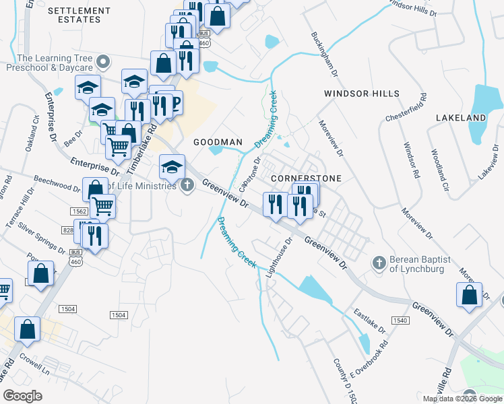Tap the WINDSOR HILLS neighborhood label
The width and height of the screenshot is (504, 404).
pos(361,94)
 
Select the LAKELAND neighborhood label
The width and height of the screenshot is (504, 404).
pos(461,118)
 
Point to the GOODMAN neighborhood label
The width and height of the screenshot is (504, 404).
pos(218,142)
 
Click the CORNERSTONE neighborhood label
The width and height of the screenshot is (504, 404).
pos(306,178)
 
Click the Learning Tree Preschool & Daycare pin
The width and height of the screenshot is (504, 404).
pos(103,63)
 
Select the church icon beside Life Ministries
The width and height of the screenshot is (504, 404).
pos(188,185)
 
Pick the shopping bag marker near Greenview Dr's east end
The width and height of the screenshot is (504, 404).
pos(469,295)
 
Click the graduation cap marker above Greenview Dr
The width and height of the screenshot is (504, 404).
pos(172,165)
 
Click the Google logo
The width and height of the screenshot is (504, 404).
pos(22,396)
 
